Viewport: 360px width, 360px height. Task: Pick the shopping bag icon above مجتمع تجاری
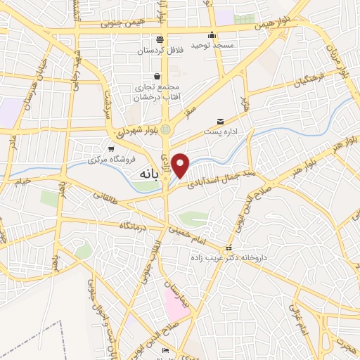(156, 77)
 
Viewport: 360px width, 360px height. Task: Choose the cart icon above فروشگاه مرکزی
(111, 148)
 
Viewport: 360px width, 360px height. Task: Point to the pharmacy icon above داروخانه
(229, 248)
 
